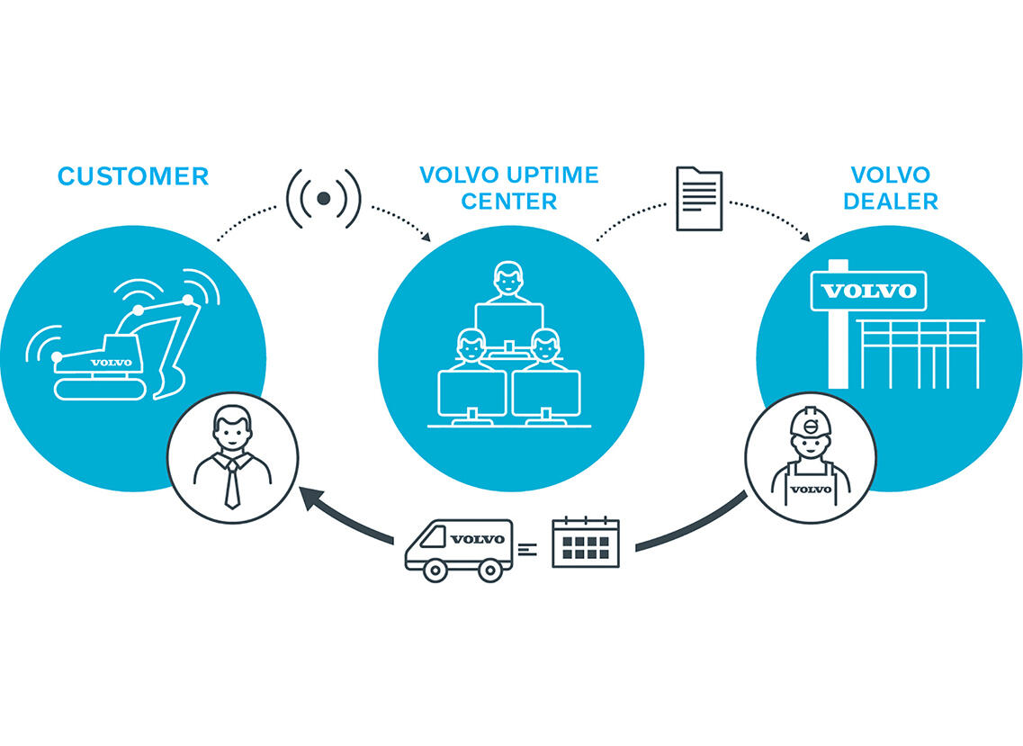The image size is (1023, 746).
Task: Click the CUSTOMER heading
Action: click(x=133, y=175)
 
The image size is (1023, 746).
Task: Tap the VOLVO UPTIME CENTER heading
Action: click(x=508, y=186)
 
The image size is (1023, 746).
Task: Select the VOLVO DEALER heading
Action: click(x=890, y=186)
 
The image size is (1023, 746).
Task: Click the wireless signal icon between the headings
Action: click(x=324, y=197)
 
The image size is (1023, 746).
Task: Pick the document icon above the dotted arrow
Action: click(x=699, y=198)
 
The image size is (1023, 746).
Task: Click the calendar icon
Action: click(x=585, y=542)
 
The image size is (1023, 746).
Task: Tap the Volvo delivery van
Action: click(x=459, y=547)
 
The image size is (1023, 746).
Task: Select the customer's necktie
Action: click(x=232, y=481)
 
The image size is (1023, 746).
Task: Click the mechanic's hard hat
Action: click(x=810, y=421)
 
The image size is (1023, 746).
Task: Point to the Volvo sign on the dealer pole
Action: click(x=868, y=291)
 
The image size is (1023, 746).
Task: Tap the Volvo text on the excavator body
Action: click(x=111, y=363)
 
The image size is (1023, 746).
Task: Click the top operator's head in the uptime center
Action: click(x=508, y=279)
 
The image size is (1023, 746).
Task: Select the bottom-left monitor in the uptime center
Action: click(x=471, y=393)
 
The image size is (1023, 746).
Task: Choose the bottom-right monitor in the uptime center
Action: click(x=546, y=393)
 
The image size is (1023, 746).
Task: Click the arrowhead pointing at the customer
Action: click(x=311, y=498)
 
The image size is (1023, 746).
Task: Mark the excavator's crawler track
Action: click(x=99, y=389)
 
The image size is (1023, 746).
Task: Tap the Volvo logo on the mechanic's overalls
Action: click(x=810, y=490)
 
